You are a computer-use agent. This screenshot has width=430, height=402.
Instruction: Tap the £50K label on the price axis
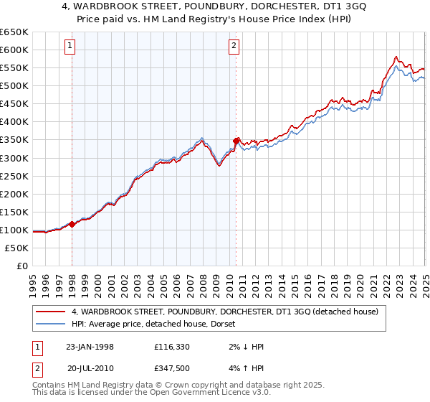pos(16,248)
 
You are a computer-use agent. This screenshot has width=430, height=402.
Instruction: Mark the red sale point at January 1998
pos(72,224)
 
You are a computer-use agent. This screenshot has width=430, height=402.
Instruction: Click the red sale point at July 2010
pos(236,141)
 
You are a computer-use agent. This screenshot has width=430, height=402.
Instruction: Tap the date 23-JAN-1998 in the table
pos(90,347)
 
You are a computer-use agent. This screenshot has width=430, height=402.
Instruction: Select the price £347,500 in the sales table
pos(173,368)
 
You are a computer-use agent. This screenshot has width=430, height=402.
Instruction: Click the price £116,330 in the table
pos(173,347)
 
